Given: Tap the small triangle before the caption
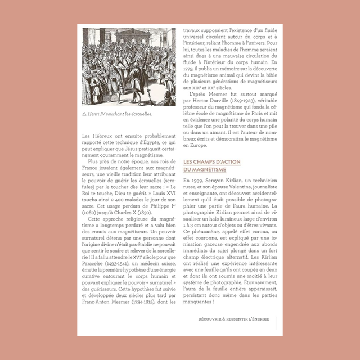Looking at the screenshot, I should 84,113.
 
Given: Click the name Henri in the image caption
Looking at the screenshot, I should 93,113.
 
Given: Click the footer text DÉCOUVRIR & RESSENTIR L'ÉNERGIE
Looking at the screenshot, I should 233,319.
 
